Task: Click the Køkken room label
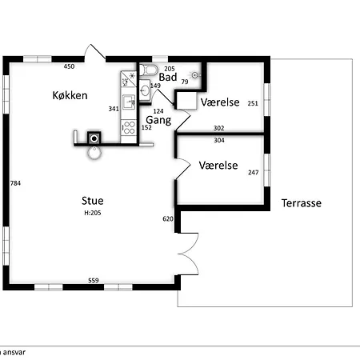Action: click(70, 95)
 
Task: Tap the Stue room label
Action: click(93, 201)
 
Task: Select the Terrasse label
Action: click(302, 203)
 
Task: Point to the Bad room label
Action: click(168, 77)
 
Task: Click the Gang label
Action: click(158, 120)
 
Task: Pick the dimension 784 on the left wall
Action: click(15, 183)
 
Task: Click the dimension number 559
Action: click(94, 280)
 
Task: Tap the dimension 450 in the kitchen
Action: click(69, 66)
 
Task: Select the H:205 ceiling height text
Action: click(93, 213)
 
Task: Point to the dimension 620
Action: click(168, 219)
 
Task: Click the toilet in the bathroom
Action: click(149, 70)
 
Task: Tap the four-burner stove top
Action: click(129, 127)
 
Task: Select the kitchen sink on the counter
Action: click(129, 102)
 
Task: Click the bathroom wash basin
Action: click(145, 90)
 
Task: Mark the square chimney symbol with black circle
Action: click(94, 138)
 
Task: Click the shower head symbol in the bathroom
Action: click(195, 75)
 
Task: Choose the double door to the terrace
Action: click(188, 254)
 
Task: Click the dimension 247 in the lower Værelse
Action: click(254, 173)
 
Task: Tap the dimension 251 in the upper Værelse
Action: click(253, 103)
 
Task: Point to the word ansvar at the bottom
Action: click(14, 353)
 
